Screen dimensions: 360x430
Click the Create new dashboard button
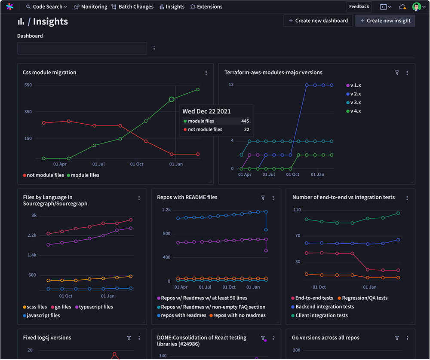click(x=318, y=21)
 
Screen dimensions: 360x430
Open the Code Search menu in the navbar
click(x=47, y=7)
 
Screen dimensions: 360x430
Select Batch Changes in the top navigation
click(x=132, y=7)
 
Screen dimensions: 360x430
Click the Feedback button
click(x=359, y=7)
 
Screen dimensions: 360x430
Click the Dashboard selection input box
click(x=82, y=49)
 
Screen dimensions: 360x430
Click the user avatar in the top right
click(x=416, y=7)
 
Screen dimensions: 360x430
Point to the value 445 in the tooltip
click(x=245, y=121)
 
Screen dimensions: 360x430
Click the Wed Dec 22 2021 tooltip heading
click(x=206, y=111)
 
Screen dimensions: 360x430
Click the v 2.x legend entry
click(x=355, y=94)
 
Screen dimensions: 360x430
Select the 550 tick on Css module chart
click(x=28, y=85)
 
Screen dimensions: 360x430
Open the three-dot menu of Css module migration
click(x=206, y=73)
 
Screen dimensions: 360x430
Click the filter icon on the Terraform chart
click(x=397, y=73)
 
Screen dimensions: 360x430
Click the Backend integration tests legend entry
click(x=325, y=307)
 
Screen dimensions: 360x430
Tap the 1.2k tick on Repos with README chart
click(x=166, y=210)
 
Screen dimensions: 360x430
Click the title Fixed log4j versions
click(x=47, y=338)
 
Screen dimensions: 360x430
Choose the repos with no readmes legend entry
click(x=239, y=316)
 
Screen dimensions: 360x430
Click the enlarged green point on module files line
click(x=172, y=99)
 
